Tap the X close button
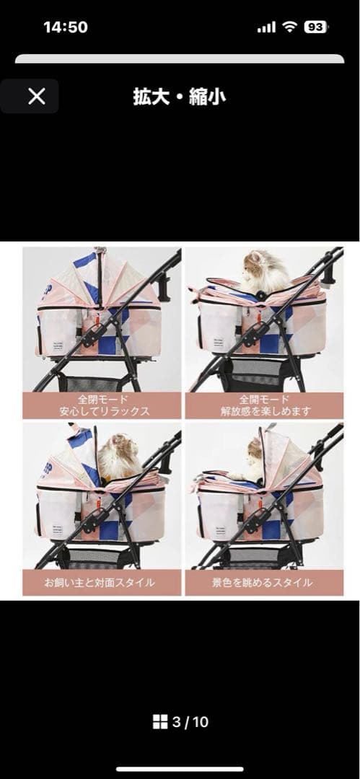pos(37,97)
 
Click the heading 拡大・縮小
pos(180,97)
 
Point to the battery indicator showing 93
pos(316,27)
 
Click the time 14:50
pos(66,27)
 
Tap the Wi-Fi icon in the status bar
pos(289,27)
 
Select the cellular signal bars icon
pos(266,28)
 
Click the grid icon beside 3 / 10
pos(160,722)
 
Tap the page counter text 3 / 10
pos(190,722)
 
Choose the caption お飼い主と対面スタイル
pos(100,582)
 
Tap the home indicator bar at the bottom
pos(180,770)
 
